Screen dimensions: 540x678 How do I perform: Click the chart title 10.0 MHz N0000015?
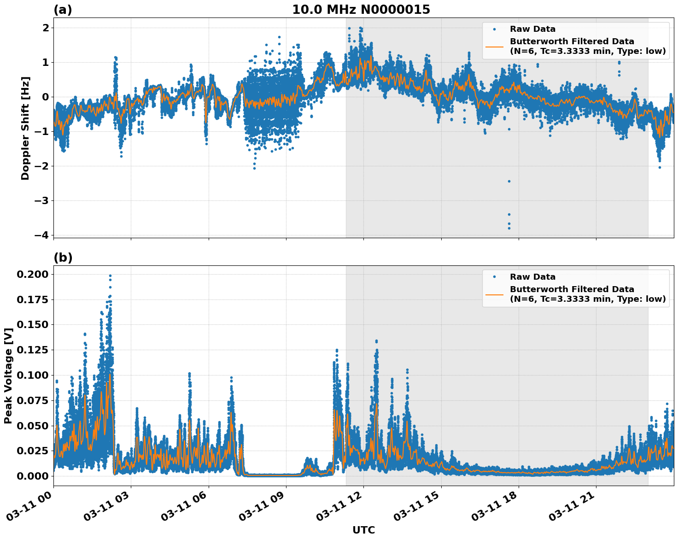(x=361, y=10)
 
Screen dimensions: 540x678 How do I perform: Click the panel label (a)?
(x=63, y=10)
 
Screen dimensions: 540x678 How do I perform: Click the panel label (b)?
(x=63, y=258)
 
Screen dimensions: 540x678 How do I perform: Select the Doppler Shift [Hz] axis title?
(x=25, y=128)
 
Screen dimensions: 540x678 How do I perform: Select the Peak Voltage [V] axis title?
(x=8, y=376)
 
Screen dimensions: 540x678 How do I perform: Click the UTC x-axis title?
(x=363, y=530)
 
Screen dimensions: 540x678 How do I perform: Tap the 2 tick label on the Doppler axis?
(x=46, y=28)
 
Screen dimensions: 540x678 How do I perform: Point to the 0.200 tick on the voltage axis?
(x=32, y=275)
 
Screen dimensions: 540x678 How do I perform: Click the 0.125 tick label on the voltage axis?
(x=32, y=350)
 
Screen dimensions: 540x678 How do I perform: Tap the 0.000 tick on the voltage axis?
(x=32, y=476)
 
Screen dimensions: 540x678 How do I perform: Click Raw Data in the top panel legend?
(x=532, y=29)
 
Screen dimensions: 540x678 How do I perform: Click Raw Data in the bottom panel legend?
(x=532, y=277)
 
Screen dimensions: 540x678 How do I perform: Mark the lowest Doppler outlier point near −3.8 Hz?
(x=509, y=228)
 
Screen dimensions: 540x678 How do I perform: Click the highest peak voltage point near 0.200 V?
(x=110, y=276)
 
